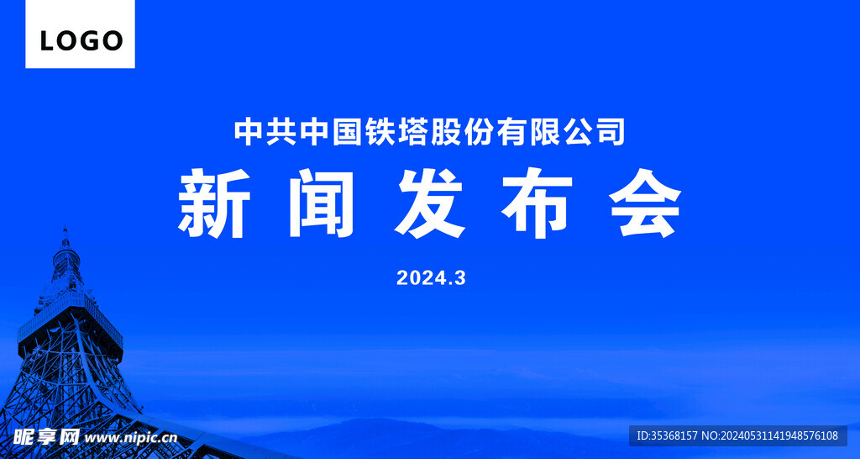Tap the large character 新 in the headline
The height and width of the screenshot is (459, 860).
pyautogui.click(x=213, y=203)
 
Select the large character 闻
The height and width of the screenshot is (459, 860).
pyautogui.click(x=322, y=203)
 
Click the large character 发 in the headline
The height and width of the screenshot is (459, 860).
pyautogui.click(x=430, y=203)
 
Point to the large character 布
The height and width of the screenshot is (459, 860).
pyautogui.click(x=537, y=203)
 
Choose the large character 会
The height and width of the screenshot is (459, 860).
pyautogui.click(x=645, y=203)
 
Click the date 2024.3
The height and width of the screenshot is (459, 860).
pyautogui.click(x=431, y=278)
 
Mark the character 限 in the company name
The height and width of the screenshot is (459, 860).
pyautogui.click(x=545, y=131)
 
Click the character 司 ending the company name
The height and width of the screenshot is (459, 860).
pyautogui.click(x=611, y=131)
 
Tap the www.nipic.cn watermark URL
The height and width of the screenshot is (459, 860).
pyautogui.click(x=131, y=437)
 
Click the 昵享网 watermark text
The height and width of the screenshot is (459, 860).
pyautogui.click(x=47, y=436)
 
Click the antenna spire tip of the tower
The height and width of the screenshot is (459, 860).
pyautogui.click(x=65, y=229)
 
